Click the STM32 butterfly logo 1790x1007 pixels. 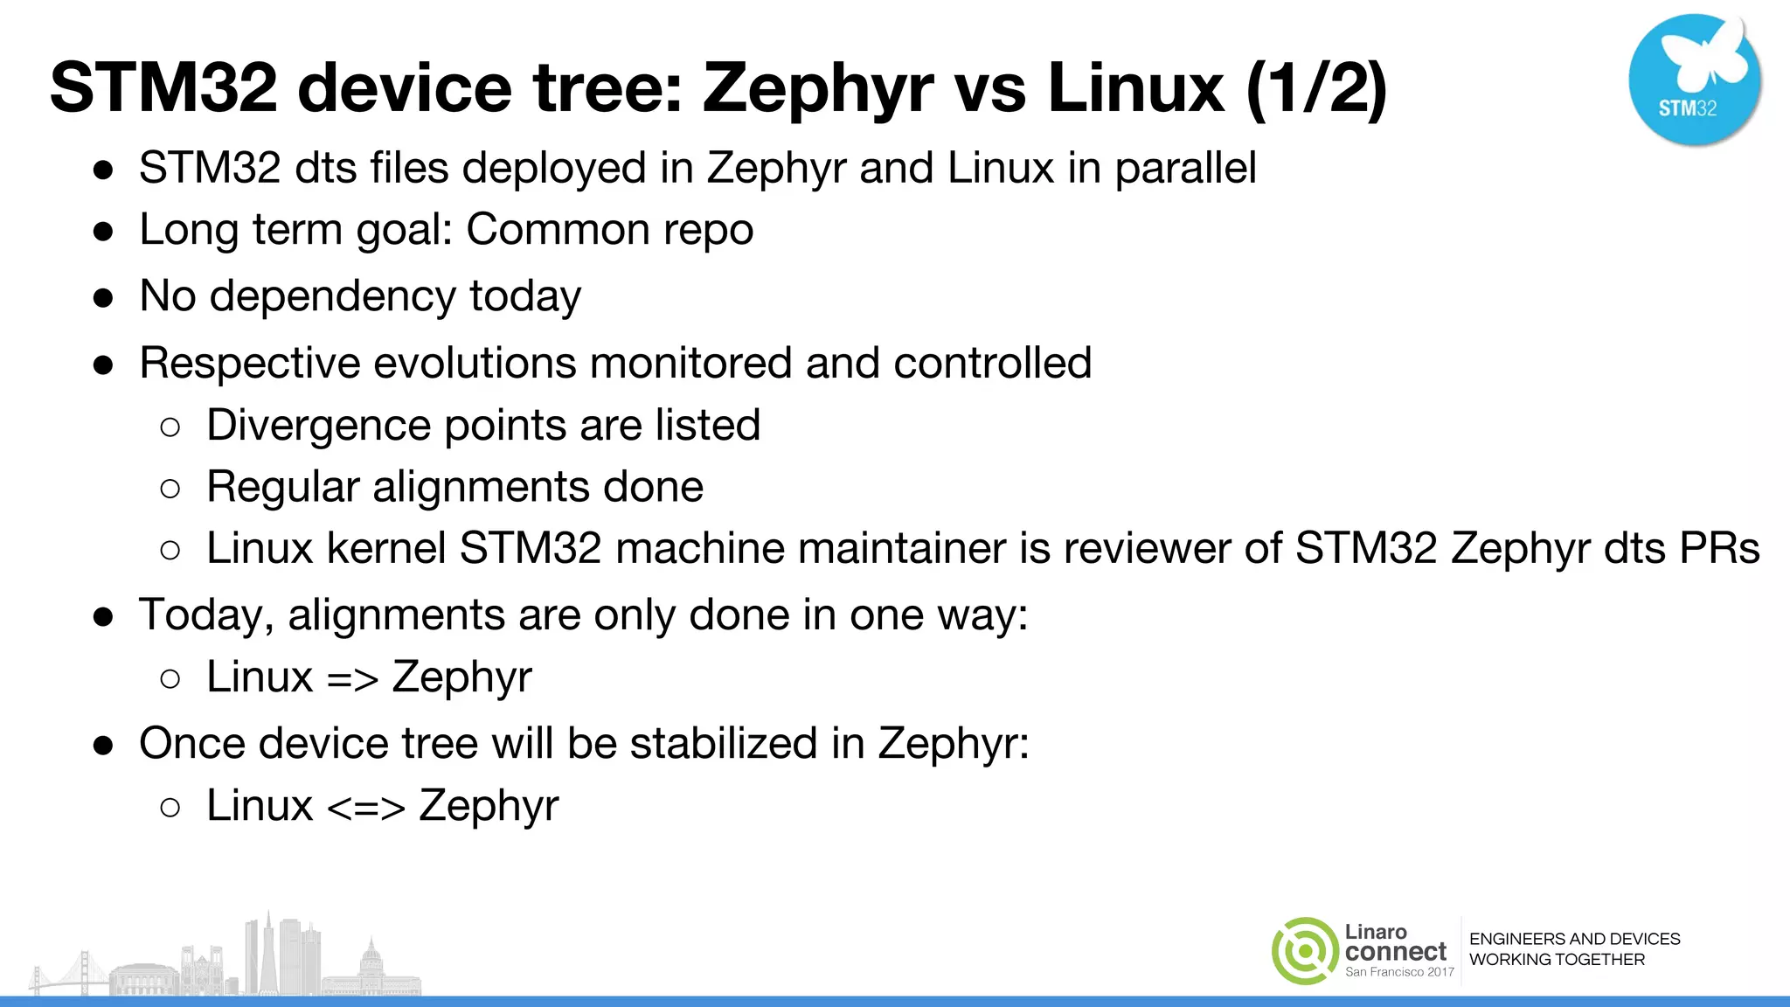click(x=1695, y=79)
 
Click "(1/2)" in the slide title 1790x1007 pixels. click(x=1316, y=88)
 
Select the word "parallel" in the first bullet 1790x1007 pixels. click(x=1185, y=168)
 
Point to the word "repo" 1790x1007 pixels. click(x=708, y=231)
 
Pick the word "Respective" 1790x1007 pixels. click(x=249, y=364)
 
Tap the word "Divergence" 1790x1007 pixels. click(x=319, y=426)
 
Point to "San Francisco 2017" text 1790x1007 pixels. click(x=1399, y=972)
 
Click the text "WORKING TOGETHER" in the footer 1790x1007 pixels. click(x=1557, y=960)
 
